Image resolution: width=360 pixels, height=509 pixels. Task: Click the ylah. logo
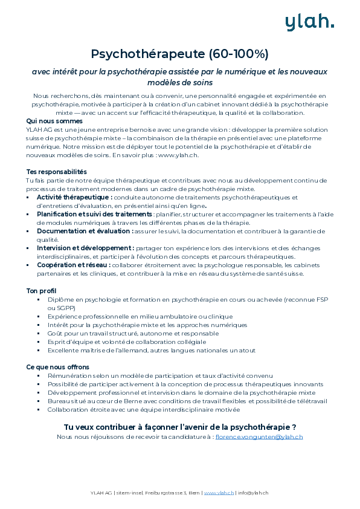click(x=309, y=22)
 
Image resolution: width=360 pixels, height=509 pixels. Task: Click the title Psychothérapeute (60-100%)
click(x=179, y=54)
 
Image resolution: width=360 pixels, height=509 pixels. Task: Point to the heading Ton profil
click(x=41, y=291)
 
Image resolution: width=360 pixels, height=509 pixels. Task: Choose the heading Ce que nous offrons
click(x=57, y=366)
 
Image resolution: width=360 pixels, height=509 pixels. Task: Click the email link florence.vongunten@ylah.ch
click(x=259, y=436)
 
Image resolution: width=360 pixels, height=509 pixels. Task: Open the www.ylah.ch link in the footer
click(x=219, y=493)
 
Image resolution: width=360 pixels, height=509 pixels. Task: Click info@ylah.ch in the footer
click(x=253, y=493)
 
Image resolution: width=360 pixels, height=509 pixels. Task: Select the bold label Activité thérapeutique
click(x=74, y=197)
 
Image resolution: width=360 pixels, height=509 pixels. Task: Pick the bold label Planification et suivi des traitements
click(x=94, y=214)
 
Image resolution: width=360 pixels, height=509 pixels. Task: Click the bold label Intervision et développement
click(x=85, y=248)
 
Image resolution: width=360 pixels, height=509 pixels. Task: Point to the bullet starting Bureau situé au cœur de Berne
click(x=187, y=401)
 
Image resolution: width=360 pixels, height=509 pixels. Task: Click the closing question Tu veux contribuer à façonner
click(x=179, y=426)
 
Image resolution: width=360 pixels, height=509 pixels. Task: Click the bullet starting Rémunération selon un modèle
click(x=160, y=375)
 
